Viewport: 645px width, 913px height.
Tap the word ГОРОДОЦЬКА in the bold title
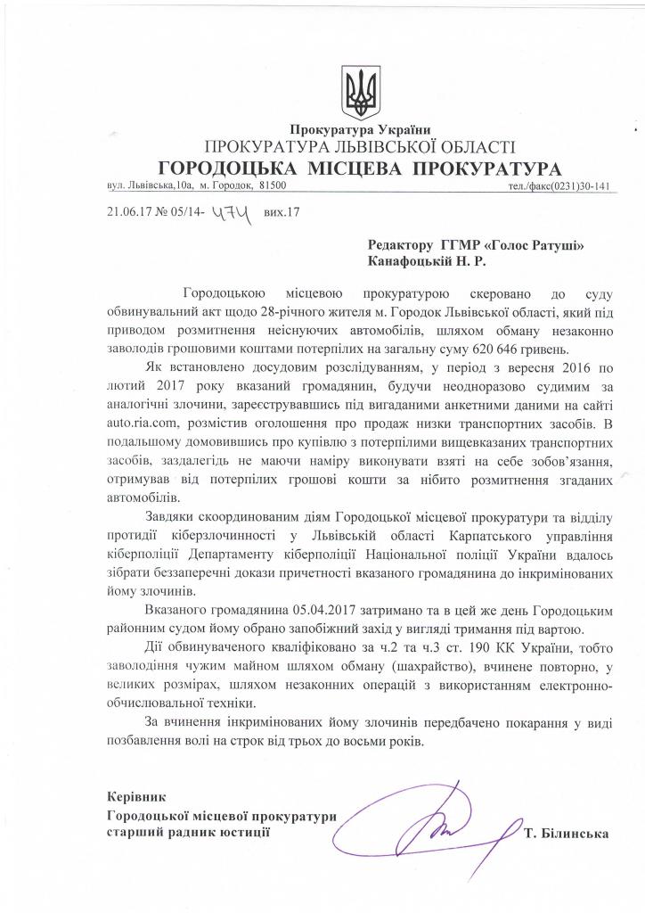[x=223, y=169]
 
